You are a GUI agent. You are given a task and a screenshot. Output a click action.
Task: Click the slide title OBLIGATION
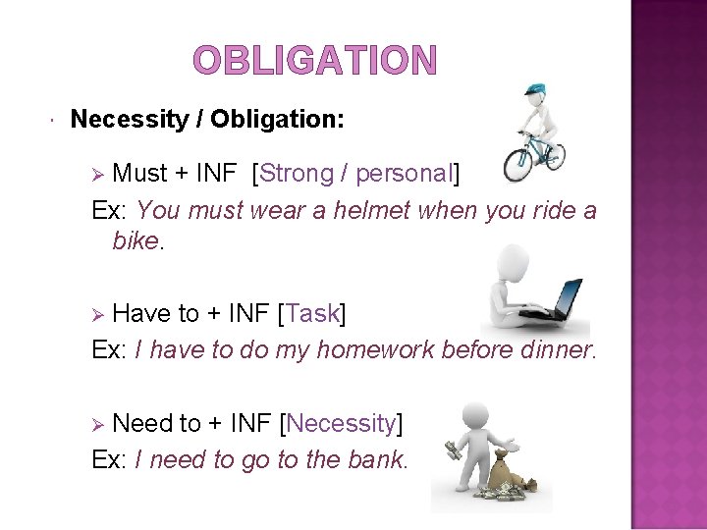coord(314,61)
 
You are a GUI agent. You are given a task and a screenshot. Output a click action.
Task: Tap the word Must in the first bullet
coord(140,174)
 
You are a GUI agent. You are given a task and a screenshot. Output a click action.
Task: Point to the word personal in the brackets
coord(403,174)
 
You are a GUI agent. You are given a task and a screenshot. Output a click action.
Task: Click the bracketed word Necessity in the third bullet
coord(341,423)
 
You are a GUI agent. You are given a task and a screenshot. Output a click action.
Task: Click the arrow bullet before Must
coord(97,175)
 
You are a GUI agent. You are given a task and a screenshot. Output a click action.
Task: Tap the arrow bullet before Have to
coord(97,314)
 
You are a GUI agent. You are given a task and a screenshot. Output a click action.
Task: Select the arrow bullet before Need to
coord(97,424)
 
